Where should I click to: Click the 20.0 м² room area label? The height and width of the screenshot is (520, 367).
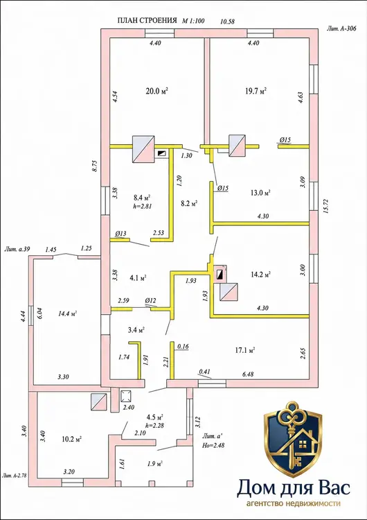[156, 91]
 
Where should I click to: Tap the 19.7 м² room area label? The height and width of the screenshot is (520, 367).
[256, 91]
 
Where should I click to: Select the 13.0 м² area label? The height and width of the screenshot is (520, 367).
[260, 193]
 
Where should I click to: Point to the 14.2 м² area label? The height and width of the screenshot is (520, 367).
[260, 275]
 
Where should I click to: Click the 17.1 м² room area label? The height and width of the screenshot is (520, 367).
[244, 350]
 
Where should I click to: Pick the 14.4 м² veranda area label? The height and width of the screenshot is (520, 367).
[68, 313]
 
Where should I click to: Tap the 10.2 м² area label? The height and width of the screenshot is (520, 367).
[71, 440]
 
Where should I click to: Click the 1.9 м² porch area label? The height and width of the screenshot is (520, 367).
[154, 464]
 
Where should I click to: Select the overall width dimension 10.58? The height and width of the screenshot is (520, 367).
[228, 21]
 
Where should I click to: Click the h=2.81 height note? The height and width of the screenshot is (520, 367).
[142, 206]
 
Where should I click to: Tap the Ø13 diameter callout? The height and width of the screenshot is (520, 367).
[120, 234]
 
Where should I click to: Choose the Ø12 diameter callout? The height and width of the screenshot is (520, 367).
[150, 300]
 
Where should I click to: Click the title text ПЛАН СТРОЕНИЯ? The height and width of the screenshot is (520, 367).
[147, 21]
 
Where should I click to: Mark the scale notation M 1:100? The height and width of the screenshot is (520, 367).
[193, 21]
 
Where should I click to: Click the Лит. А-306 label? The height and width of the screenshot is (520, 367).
[341, 29]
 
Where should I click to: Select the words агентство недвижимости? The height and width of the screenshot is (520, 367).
[294, 503]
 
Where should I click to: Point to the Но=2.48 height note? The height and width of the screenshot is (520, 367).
[213, 445]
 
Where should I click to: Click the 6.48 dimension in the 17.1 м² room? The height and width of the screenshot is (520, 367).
[248, 374]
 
